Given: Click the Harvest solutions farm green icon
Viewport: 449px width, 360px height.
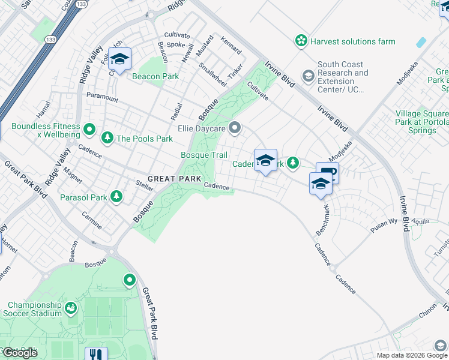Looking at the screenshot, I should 301,41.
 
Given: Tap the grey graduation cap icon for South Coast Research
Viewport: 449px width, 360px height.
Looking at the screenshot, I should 309,76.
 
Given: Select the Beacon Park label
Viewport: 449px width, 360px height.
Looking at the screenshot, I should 155,76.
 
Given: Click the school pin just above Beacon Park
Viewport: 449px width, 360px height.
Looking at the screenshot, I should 120,59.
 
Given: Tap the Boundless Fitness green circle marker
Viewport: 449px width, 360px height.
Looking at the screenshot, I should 89,129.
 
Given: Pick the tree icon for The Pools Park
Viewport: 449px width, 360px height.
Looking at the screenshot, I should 107,138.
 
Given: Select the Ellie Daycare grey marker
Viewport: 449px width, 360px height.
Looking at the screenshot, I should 235,128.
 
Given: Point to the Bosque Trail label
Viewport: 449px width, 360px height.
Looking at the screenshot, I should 204,155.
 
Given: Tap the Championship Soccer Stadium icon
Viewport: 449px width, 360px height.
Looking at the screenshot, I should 71,308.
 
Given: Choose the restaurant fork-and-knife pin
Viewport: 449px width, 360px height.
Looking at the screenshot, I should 96,354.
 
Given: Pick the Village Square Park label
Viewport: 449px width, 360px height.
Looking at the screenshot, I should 421,122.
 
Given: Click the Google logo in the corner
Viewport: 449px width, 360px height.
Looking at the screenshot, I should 19,353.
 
